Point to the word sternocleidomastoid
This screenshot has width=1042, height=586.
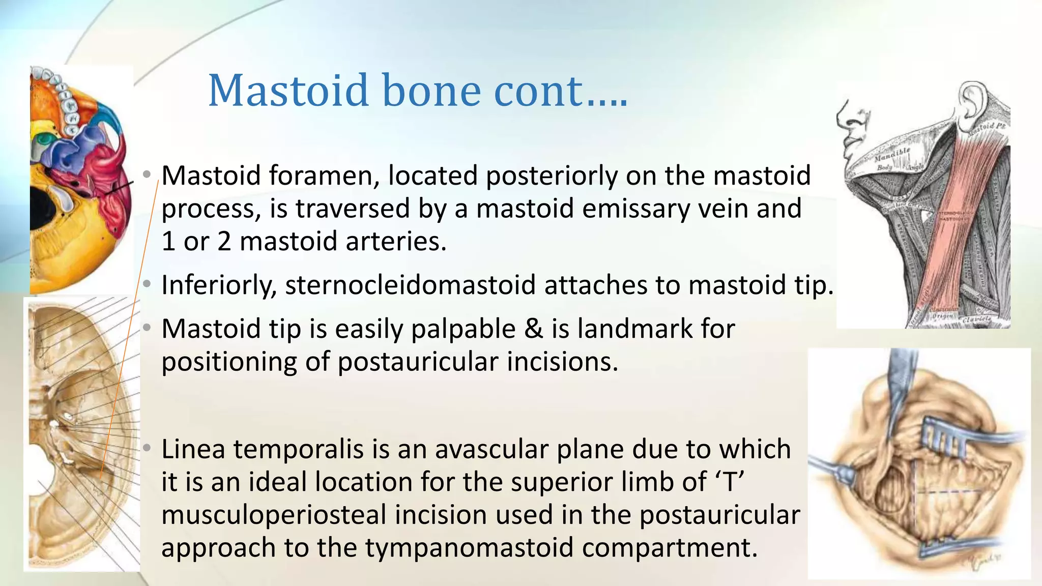pos(410,285)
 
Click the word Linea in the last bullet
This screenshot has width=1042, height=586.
pos(193,449)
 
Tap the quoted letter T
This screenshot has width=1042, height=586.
pos(730,482)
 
